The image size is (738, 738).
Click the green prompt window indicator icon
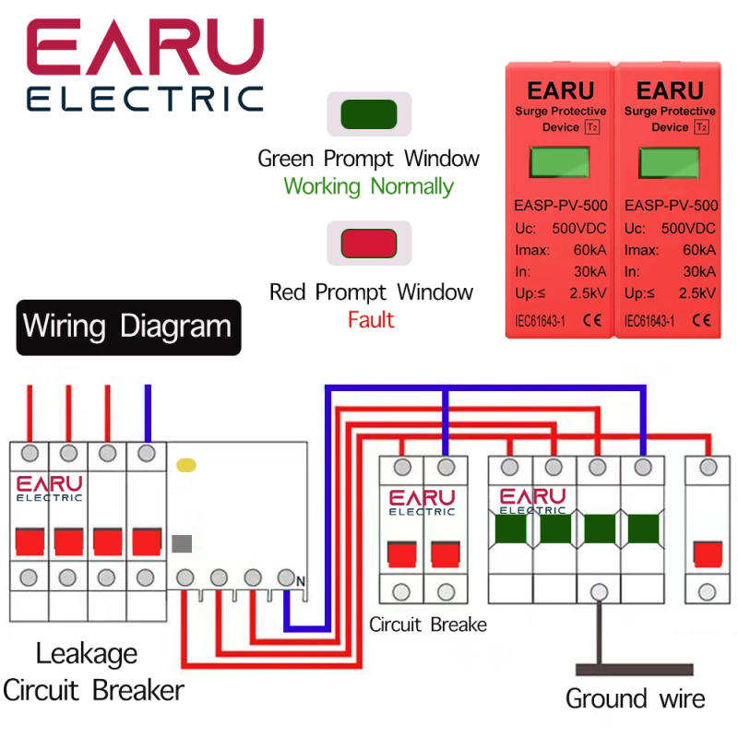point(369,114)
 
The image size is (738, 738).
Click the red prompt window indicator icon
point(369,244)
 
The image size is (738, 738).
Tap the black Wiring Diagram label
point(128,327)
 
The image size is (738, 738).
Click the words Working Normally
point(368,186)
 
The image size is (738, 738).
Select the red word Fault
point(371,320)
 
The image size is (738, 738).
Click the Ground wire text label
point(635,698)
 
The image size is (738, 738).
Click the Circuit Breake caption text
point(427,625)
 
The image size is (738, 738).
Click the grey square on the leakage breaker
point(182,542)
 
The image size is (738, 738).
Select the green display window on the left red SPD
point(560,164)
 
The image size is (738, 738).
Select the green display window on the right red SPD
point(670,164)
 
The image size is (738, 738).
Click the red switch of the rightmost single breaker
point(708,554)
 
